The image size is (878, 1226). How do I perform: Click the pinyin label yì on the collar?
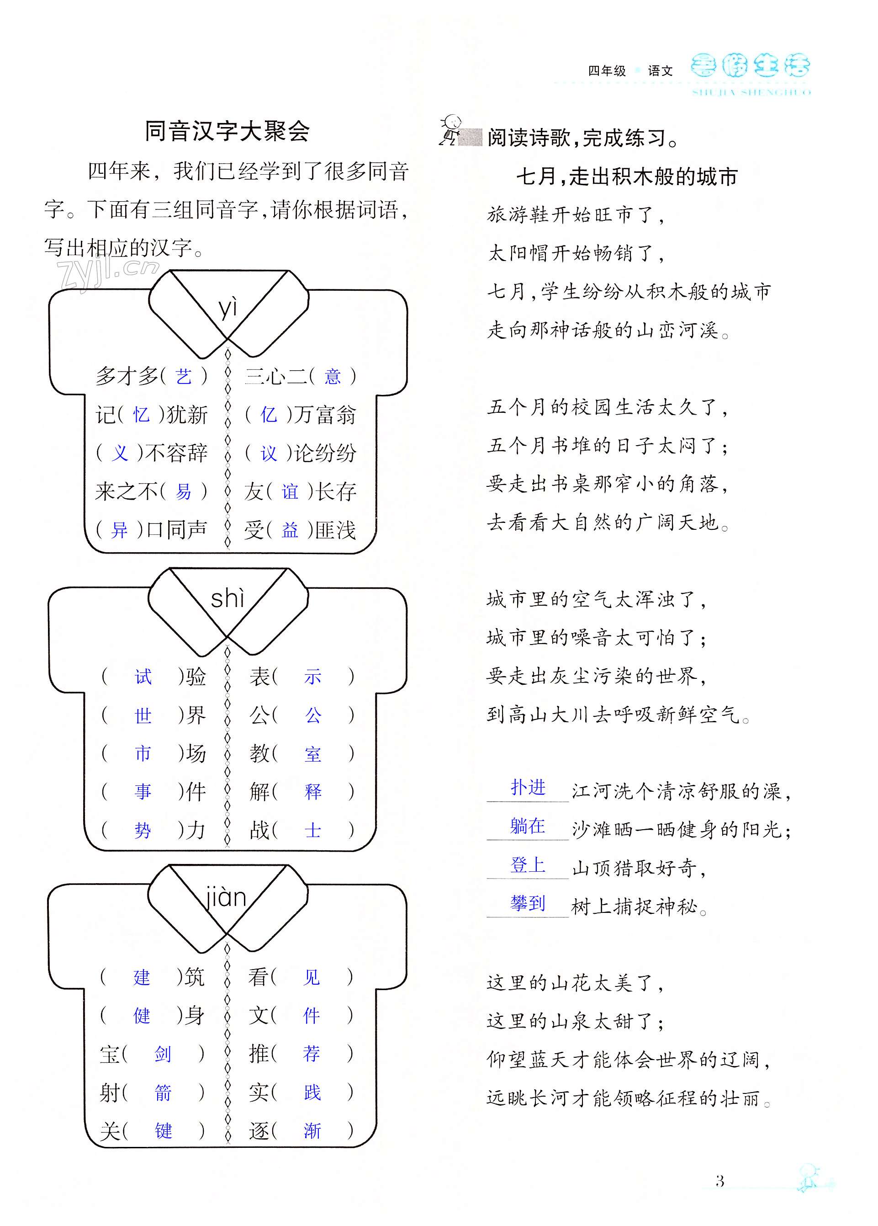click(227, 308)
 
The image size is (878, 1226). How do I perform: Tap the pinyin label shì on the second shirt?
click(227, 599)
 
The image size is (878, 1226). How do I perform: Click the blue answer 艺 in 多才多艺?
click(184, 376)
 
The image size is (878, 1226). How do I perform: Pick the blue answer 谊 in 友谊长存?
click(290, 491)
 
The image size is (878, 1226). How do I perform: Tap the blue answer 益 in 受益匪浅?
click(290, 530)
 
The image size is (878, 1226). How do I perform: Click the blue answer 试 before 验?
click(143, 677)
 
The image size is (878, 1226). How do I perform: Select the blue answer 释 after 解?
click(313, 791)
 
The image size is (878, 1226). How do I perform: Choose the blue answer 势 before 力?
click(143, 830)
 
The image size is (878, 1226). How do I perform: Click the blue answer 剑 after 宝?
click(163, 1054)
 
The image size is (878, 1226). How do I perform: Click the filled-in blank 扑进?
click(528, 788)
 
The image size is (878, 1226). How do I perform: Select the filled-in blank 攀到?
click(528, 903)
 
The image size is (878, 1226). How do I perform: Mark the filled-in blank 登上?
click(528, 865)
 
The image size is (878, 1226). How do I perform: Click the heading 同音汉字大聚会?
click(227, 131)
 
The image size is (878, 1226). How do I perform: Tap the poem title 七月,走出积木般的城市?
click(627, 177)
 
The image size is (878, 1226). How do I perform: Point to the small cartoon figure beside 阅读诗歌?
click(450, 130)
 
